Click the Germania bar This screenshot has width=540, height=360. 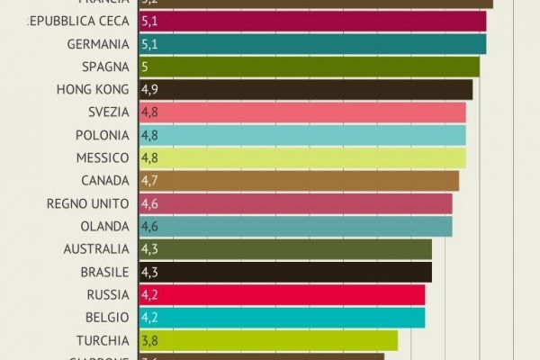[x=312, y=44]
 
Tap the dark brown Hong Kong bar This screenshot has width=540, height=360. [x=305, y=90]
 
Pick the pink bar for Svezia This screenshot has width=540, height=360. [x=301, y=112]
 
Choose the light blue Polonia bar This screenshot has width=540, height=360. [x=301, y=135]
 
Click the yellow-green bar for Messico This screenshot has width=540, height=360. [x=301, y=157]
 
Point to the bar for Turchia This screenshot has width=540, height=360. [x=267, y=339]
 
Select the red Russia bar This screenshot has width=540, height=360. [x=281, y=294]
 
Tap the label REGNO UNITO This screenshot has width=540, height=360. [x=88, y=203]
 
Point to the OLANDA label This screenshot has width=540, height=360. [x=108, y=226]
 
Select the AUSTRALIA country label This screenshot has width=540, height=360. [x=97, y=248]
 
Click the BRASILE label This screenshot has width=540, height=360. [x=103, y=272]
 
